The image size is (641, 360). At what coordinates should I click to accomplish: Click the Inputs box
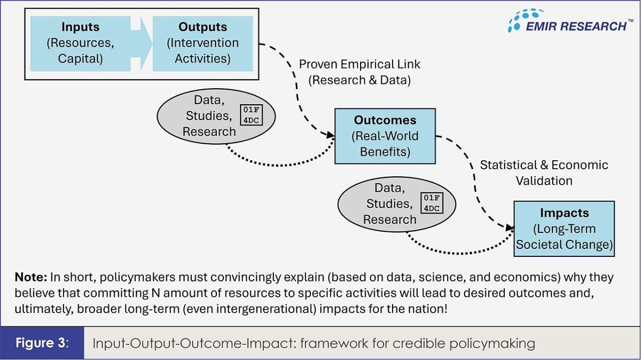tap(81, 43)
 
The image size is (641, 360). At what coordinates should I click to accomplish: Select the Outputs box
tap(202, 43)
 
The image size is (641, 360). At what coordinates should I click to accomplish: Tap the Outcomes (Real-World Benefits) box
tap(385, 136)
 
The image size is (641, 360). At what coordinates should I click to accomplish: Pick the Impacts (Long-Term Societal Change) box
tap(564, 229)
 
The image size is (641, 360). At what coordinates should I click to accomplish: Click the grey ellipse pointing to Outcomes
tap(216, 116)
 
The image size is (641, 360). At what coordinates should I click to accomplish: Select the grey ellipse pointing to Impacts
tap(396, 205)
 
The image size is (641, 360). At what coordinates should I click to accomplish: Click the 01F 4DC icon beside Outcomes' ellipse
tap(251, 115)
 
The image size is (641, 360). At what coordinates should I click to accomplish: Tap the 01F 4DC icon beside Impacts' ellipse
tap(432, 203)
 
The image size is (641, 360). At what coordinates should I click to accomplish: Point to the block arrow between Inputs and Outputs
tap(142, 43)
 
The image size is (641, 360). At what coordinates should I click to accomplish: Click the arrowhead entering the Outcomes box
tap(331, 135)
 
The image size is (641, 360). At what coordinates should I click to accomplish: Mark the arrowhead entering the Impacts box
tap(510, 228)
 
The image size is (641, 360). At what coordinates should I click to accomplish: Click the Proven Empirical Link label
tap(359, 64)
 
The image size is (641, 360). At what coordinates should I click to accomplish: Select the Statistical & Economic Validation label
tap(544, 173)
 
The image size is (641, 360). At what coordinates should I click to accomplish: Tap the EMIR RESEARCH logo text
tap(576, 26)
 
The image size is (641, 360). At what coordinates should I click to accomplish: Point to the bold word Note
tap(31, 277)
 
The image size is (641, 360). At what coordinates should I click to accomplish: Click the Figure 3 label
tap(42, 343)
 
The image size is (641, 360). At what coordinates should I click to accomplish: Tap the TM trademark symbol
tap(630, 20)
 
